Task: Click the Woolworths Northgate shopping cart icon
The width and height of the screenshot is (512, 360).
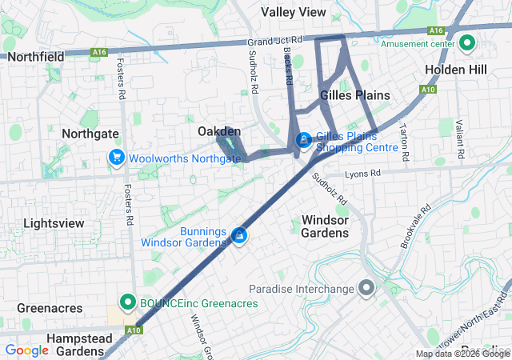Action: click(117, 158)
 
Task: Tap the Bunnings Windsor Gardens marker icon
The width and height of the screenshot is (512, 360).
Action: click(238, 235)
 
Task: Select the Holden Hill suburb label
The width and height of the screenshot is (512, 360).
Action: click(455, 70)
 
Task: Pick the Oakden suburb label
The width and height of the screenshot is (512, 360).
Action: click(219, 131)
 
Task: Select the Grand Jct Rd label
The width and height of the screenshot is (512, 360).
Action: click(274, 40)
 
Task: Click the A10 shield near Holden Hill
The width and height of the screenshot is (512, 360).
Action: click(428, 90)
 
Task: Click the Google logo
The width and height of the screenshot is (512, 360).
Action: click(27, 350)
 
